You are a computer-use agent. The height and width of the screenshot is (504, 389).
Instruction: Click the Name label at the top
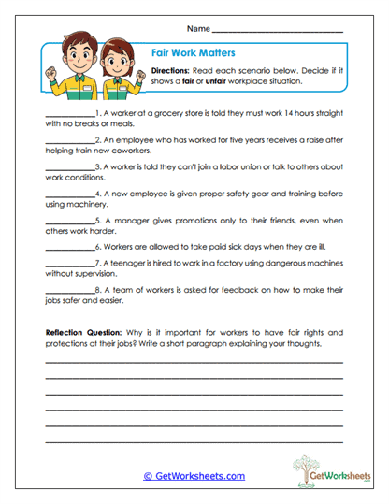pyautogui.click(x=198, y=30)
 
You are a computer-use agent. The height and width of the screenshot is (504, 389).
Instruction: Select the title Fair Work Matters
pyautogui.click(x=193, y=54)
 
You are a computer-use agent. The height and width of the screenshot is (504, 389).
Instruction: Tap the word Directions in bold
pyautogui.click(x=171, y=70)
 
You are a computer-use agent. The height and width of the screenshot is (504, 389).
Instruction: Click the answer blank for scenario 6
pyautogui.click(x=67, y=247)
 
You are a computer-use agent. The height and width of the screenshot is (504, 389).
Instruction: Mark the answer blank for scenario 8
pyautogui.click(x=67, y=292)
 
